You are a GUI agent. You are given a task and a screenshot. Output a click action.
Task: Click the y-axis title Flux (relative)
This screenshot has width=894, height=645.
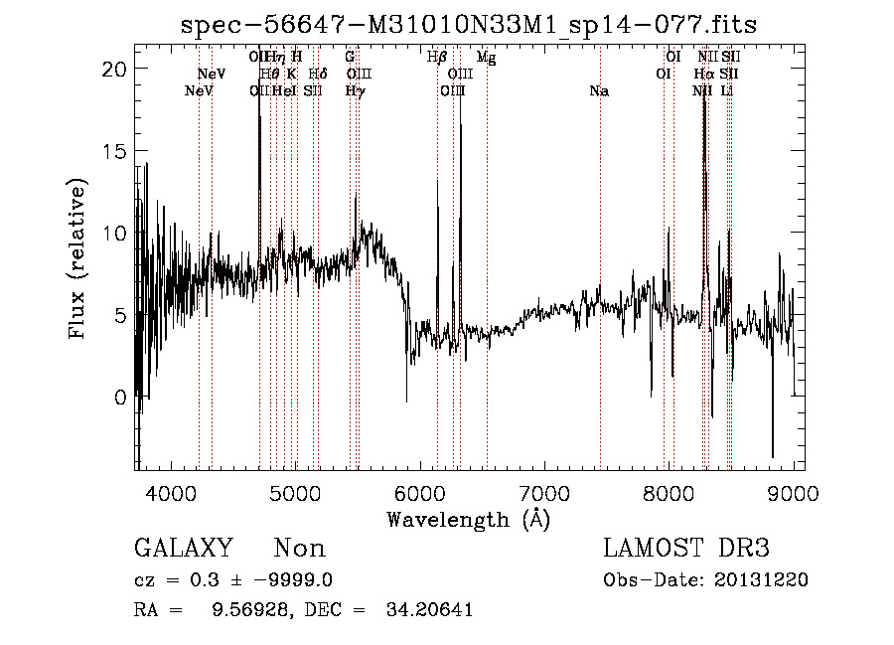(77, 258)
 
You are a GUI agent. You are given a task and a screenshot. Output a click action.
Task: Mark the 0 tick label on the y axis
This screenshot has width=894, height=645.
(120, 398)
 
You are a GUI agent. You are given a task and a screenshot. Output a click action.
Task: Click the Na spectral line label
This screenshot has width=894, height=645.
(599, 91)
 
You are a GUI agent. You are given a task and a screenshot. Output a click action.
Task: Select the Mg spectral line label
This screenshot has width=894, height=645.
(486, 58)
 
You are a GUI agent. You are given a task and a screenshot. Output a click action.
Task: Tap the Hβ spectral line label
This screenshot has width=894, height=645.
(437, 58)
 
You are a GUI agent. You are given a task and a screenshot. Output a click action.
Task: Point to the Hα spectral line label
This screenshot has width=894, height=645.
(704, 74)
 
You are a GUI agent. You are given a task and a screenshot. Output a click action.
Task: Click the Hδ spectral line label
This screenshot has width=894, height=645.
(318, 74)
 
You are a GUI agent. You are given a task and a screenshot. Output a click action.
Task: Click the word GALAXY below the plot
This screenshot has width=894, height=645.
(184, 549)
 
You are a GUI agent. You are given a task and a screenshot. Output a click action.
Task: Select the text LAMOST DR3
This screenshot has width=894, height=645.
(686, 549)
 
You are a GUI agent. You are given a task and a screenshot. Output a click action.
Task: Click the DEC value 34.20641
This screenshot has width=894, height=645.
(428, 610)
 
